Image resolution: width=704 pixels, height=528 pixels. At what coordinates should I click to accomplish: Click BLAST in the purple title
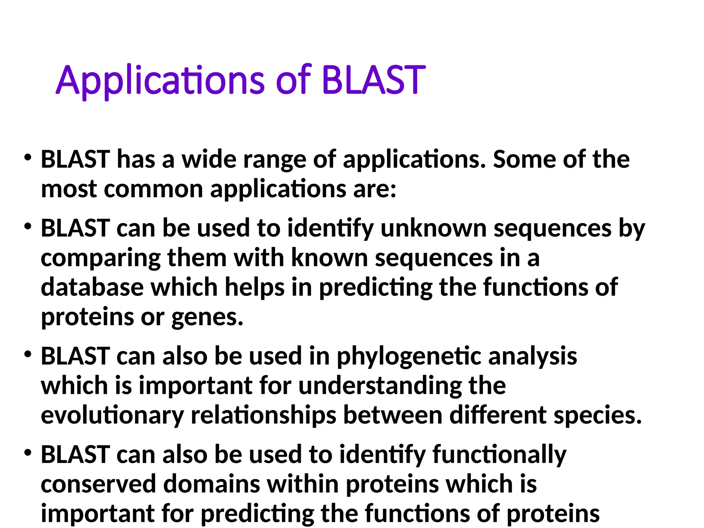click(374, 80)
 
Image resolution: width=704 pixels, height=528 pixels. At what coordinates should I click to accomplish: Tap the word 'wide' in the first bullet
click(209, 160)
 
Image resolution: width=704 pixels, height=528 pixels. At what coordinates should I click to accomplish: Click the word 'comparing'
click(101, 258)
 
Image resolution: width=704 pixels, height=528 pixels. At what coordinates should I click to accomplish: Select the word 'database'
click(92, 287)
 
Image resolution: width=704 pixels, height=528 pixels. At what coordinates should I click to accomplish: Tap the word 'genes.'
click(207, 318)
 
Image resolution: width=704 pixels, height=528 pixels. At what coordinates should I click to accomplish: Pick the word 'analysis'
click(532, 357)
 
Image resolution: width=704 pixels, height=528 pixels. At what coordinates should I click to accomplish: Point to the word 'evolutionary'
click(112, 416)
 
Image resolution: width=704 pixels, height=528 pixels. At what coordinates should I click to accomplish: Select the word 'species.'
click(598, 416)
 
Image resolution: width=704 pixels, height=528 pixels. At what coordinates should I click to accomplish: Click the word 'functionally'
click(499, 455)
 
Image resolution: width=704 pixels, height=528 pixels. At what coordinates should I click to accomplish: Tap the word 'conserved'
click(98, 484)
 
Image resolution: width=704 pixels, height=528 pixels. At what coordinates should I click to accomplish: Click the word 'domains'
click(211, 484)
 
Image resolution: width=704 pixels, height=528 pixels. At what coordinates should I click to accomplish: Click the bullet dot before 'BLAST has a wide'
click(28, 158)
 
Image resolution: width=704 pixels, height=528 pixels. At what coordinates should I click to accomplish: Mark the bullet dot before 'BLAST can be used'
click(28, 227)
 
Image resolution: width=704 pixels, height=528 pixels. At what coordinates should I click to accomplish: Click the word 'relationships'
click(263, 416)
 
